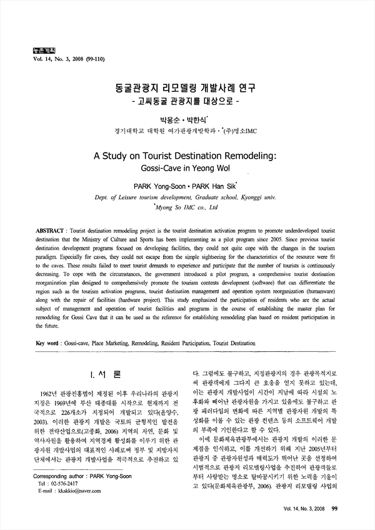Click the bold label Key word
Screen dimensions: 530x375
(x=48, y=343)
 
